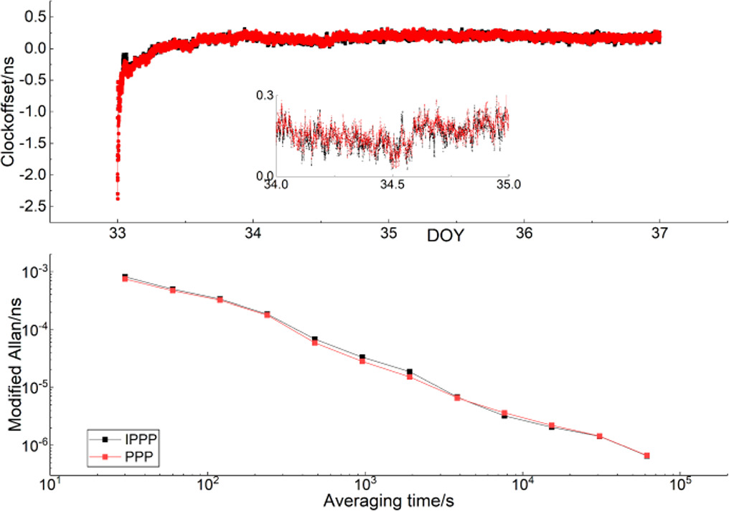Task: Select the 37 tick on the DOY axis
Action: pyautogui.click(x=659, y=234)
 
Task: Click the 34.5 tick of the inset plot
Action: pyautogui.click(x=392, y=185)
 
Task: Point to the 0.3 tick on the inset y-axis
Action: pyautogui.click(x=265, y=94)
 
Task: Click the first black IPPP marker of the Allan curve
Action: pyautogui.click(x=125, y=277)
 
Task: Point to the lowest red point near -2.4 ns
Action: pyautogui.click(x=117, y=198)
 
